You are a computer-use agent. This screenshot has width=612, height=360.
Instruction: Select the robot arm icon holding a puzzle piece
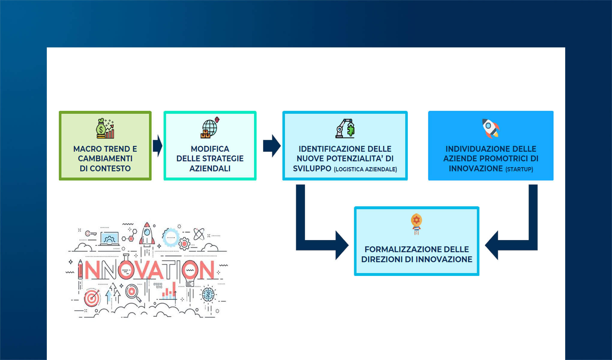click(345, 128)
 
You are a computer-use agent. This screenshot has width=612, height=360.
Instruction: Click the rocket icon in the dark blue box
click(491, 128)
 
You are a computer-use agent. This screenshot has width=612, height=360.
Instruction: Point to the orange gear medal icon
click(416, 223)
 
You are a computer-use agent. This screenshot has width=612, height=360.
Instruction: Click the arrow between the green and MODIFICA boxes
click(157, 146)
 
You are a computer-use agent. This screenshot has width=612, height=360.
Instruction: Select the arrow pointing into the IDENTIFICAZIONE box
click(272, 146)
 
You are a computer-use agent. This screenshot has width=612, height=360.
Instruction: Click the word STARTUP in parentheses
click(519, 169)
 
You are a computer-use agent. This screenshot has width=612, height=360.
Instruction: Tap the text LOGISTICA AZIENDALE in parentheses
click(365, 169)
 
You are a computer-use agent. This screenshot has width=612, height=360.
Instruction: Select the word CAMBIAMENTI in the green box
click(105, 158)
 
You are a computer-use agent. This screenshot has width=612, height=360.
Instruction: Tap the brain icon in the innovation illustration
click(208, 294)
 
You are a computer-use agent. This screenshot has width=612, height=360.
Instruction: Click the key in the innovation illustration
click(90, 233)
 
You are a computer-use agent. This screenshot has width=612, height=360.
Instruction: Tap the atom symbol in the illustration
click(199, 234)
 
